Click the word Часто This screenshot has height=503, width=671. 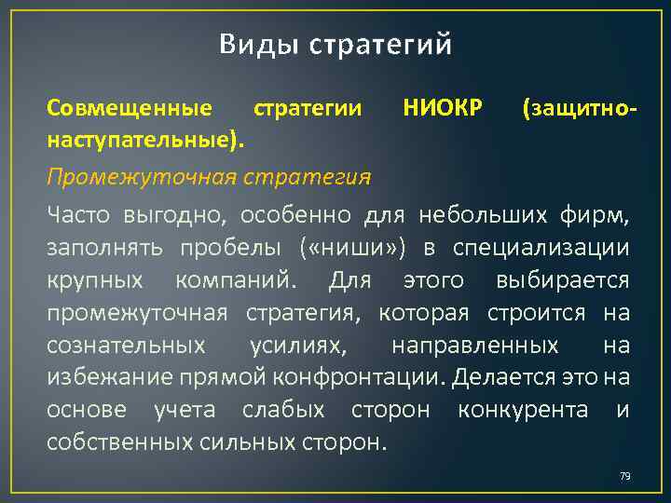[79, 216]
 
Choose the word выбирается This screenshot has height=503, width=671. [563, 280]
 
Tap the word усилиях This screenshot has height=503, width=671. [296, 346]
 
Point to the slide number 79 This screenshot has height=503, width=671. [624, 477]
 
